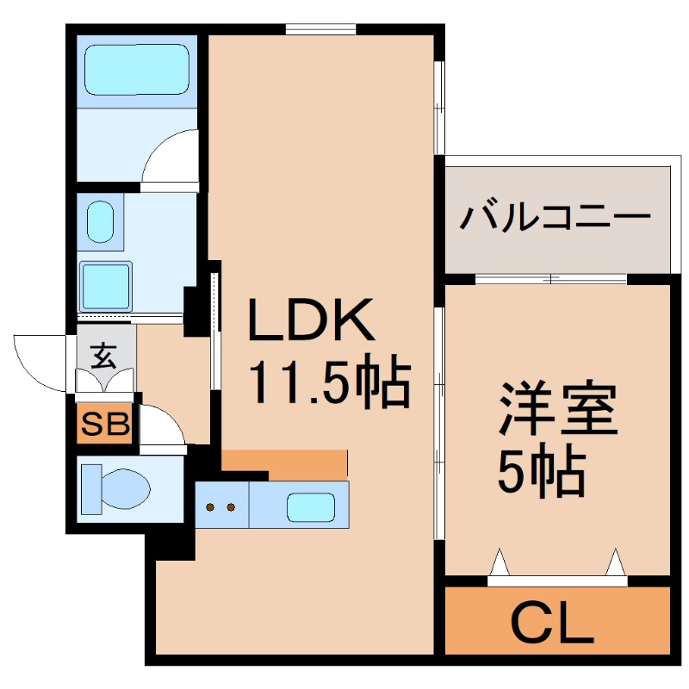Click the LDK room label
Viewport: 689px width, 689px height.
311,320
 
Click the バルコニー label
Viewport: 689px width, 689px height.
555,216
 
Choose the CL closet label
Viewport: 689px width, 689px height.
555,623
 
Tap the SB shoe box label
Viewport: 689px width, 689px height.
105,423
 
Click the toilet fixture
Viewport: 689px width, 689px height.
116,488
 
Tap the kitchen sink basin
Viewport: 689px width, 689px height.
311,506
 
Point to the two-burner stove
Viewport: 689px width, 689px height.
221,506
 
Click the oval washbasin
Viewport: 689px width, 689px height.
99,221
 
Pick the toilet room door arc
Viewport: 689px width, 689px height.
162,427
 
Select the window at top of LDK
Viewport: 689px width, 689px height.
320,30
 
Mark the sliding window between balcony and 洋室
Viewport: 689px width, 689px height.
551,279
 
